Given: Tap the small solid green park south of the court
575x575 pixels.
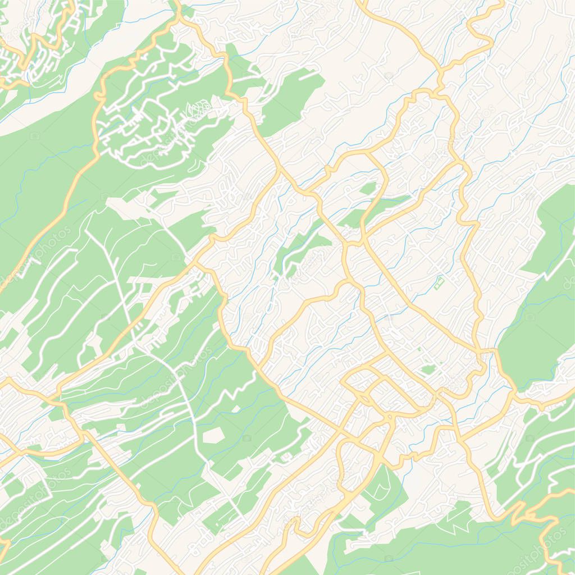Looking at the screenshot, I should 428,370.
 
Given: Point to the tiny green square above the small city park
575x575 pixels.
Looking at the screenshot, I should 419,349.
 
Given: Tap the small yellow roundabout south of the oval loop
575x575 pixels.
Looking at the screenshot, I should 389,417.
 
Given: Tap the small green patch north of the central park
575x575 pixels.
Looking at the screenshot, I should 368,189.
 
